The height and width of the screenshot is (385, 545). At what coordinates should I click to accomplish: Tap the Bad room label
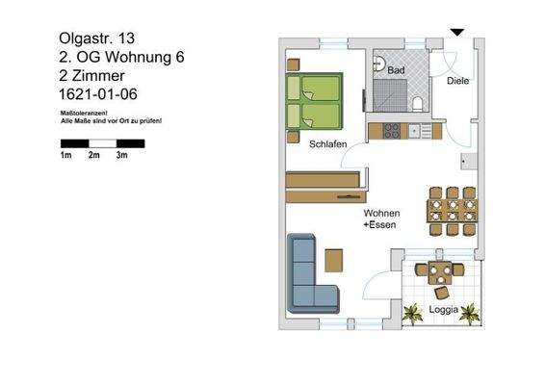click(396, 70)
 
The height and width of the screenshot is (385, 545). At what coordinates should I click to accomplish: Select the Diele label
click(457, 81)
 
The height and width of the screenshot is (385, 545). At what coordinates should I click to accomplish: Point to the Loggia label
click(442, 310)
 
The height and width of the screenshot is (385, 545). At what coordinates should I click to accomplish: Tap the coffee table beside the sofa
click(334, 261)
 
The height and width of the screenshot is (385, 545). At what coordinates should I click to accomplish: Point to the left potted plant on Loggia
click(413, 313)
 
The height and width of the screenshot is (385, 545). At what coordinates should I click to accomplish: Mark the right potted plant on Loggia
click(470, 313)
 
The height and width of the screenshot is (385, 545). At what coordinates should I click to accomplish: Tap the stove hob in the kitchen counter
click(391, 130)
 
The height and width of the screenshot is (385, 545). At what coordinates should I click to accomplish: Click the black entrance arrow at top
click(457, 33)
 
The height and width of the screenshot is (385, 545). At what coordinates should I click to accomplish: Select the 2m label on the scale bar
click(94, 154)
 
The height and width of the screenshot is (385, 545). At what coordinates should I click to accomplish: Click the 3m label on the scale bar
click(122, 154)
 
